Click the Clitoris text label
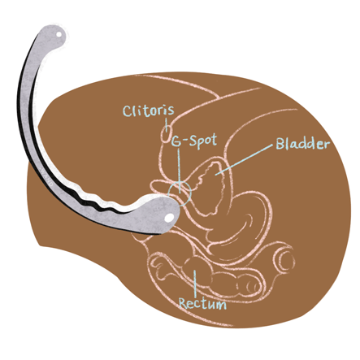click(149, 111)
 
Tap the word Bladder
click(303, 144)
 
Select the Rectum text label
click(202, 304)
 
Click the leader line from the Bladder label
click(244, 160)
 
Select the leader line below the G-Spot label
click(179, 171)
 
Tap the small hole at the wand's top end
click(59, 34)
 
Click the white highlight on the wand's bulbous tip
click(169, 217)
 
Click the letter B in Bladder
click(280, 144)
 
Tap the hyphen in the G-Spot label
click(185, 141)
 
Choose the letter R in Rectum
click(183, 304)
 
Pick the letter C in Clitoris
click(128, 111)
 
